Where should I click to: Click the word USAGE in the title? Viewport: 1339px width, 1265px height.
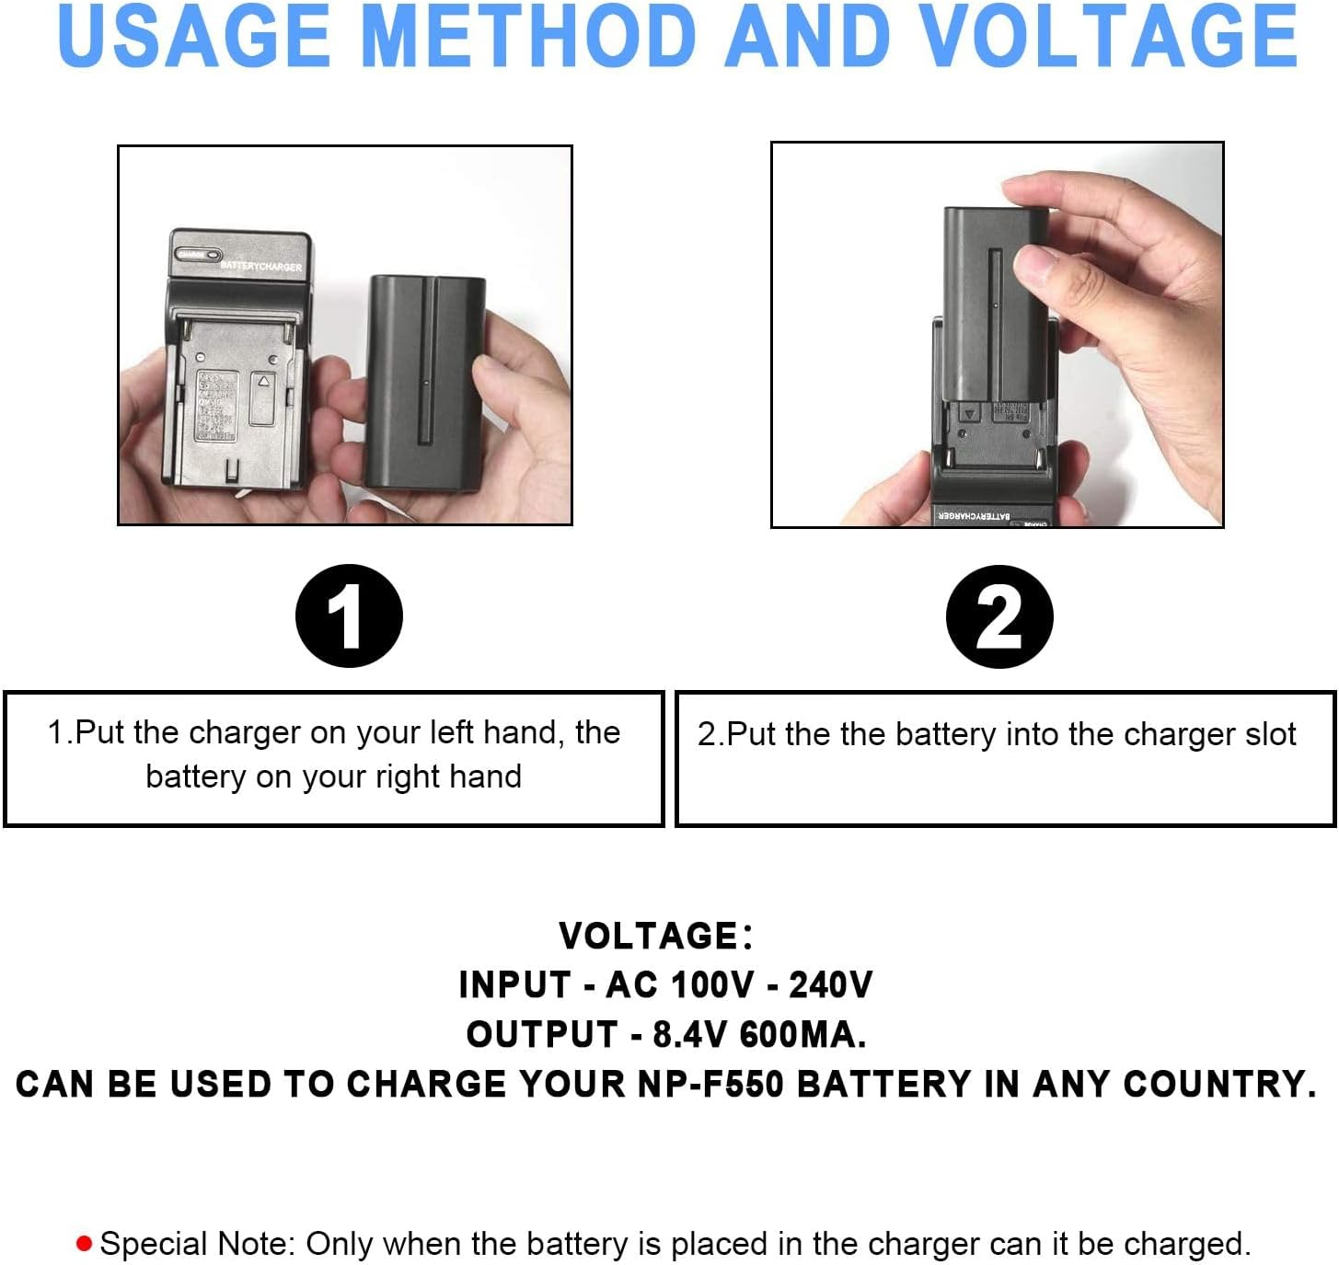click(x=193, y=37)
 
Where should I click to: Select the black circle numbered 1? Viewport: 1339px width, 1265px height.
click(x=349, y=616)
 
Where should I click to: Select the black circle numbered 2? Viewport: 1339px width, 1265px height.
click(x=999, y=616)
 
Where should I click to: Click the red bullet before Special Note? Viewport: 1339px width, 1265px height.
click(x=85, y=1245)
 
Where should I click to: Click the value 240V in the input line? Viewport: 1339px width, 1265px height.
click(x=830, y=985)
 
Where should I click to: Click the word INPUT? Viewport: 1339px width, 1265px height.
click(x=514, y=985)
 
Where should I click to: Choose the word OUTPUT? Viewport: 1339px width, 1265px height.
click(x=542, y=1035)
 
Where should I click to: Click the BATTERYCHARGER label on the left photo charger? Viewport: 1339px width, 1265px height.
click(x=260, y=266)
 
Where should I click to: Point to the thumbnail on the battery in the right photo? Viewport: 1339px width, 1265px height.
click(x=1036, y=265)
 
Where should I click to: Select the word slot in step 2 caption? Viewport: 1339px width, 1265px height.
click(x=1270, y=735)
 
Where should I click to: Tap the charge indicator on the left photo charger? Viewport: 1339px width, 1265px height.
click(x=199, y=254)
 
